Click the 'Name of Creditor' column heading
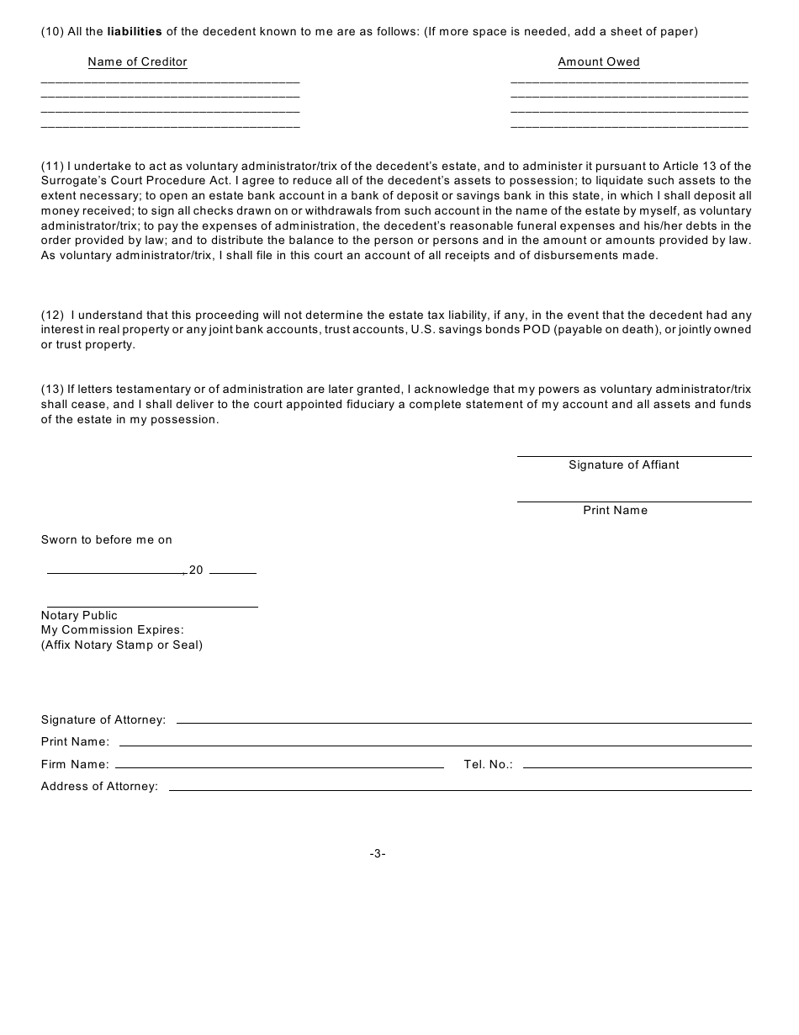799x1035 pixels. coord(137,62)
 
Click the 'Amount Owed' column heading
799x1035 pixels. coord(599,62)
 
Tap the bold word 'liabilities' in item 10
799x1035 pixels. coord(135,32)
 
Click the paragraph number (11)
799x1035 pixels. coord(52,166)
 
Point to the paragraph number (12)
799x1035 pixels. coord(52,315)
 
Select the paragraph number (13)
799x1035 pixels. coord(52,390)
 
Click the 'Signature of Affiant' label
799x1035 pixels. coord(623,465)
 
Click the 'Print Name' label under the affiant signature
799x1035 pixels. coord(615,511)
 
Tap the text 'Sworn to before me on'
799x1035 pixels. coord(107,540)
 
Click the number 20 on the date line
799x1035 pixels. coord(196,571)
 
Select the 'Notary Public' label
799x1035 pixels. coord(79,616)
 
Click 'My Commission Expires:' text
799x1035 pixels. coord(112,630)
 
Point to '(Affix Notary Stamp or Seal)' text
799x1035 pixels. coord(122,645)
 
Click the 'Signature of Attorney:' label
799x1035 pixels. coord(103,720)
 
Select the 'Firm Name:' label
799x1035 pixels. coord(75,765)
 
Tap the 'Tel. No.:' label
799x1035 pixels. coord(488,765)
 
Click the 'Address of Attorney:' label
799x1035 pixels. coord(99,787)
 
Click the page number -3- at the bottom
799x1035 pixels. coord(378,854)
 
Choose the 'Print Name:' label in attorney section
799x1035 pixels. coord(75,742)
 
